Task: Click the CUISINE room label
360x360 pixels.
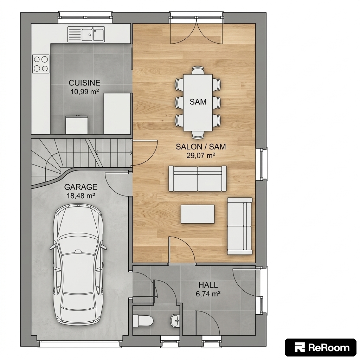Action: pos(84,83)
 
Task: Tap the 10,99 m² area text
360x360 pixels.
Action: pos(84,92)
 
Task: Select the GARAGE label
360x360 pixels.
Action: pos(81,187)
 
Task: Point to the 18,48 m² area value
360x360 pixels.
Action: pos(81,196)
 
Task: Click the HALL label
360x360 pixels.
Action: pos(208,285)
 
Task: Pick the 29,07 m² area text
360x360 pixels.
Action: pos(201,156)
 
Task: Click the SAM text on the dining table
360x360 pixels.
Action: pos(198,102)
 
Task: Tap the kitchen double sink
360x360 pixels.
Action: pos(86,34)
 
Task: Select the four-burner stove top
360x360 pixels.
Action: pos(41,64)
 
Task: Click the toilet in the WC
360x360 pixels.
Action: pos(143,320)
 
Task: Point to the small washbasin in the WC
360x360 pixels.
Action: pos(175,320)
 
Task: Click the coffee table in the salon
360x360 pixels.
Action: pos(198,214)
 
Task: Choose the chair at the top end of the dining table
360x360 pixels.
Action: pos(198,70)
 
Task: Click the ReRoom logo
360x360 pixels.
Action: pos(321,348)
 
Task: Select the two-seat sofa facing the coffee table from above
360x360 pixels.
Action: pos(198,179)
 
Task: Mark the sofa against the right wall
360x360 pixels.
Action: pos(240,226)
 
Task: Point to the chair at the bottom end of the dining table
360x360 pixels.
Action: pos(198,135)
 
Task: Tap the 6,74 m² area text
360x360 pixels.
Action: pos(208,294)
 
